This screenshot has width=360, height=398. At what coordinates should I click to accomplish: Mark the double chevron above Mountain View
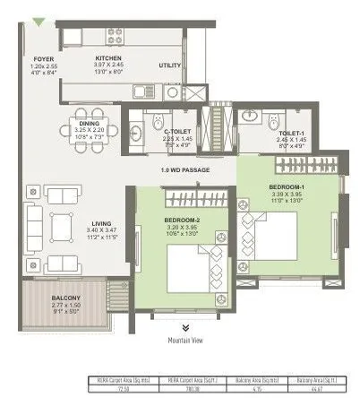pos(186,329)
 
